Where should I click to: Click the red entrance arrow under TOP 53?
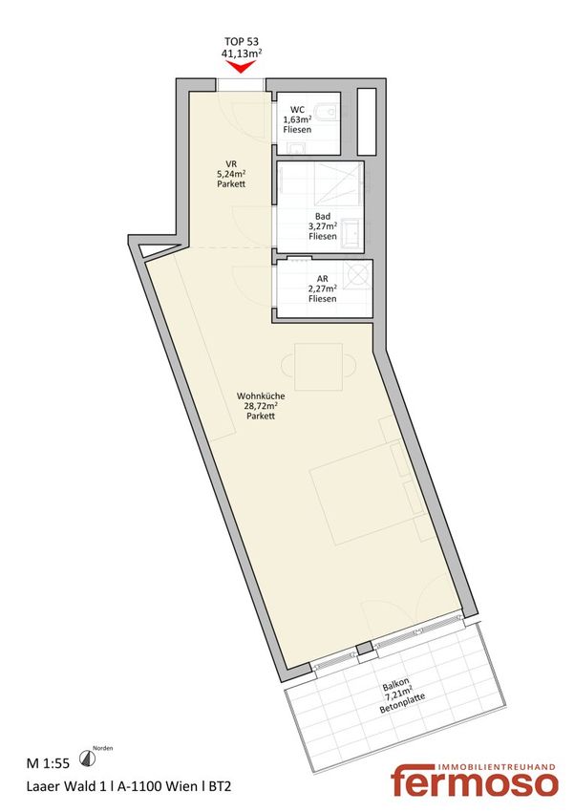[x=242, y=67]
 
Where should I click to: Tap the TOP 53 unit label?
[x=242, y=41]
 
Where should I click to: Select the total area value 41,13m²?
[x=242, y=53]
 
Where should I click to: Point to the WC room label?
[x=297, y=109]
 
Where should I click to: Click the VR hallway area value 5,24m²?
[x=231, y=174]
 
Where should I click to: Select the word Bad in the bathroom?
[x=323, y=216]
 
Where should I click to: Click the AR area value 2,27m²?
[x=323, y=288]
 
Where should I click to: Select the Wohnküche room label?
[x=261, y=395]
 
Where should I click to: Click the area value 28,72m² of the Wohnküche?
[x=261, y=405]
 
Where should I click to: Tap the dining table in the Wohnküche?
[x=318, y=367]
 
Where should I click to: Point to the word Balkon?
[x=396, y=684]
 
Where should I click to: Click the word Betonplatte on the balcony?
[x=402, y=704]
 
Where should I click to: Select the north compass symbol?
[x=87, y=759]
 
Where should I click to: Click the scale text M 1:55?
[x=48, y=763]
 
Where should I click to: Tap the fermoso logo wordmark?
[x=474, y=784]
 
